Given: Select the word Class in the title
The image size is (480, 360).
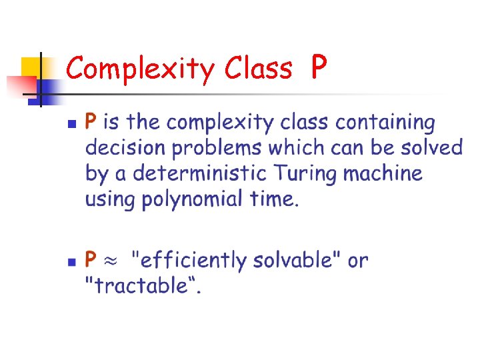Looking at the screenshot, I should (x=259, y=68).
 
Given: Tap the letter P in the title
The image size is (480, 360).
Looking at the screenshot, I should (x=319, y=67).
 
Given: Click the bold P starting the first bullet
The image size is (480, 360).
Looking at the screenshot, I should (x=91, y=123).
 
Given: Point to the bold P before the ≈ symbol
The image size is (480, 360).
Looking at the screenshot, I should (x=91, y=259).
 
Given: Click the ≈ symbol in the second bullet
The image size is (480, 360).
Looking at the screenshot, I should (x=113, y=260).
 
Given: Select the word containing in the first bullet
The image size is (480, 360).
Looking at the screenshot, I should (x=385, y=123).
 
